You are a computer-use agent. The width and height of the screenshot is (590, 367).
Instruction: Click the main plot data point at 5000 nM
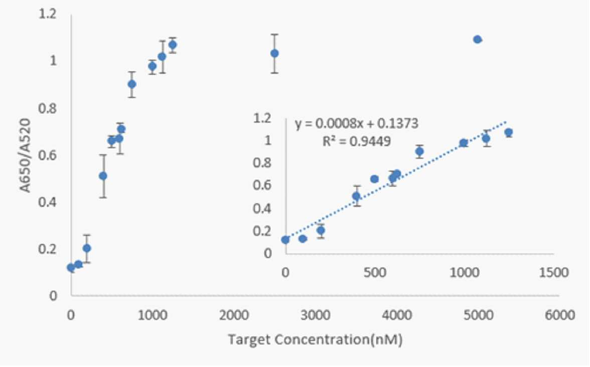(x=478, y=39)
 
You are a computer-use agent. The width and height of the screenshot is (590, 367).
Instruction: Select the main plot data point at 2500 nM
(x=275, y=53)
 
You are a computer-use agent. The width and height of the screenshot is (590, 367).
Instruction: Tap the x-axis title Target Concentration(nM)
(x=315, y=340)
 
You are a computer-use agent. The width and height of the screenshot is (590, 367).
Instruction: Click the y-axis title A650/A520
(x=25, y=155)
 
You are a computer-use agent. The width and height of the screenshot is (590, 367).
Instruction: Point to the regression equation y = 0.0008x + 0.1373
(x=356, y=124)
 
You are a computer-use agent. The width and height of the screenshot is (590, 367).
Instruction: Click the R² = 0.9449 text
(x=357, y=141)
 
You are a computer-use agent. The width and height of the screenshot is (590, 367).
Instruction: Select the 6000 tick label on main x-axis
(x=559, y=315)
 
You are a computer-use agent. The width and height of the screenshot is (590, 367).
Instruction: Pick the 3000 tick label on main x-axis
(x=315, y=315)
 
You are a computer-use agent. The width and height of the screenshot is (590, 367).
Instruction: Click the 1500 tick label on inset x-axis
(x=553, y=272)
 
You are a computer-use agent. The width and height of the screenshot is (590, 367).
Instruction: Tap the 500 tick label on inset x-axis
(x=374, y=272)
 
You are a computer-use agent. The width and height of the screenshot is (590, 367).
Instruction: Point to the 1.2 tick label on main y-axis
(x=47, y=14)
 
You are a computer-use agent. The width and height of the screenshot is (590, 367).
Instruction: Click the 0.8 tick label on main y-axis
(x=47, y=108)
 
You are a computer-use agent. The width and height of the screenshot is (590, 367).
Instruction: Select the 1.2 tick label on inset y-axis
(x=262, y=118)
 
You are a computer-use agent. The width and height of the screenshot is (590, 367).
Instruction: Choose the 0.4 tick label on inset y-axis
(x=262, y=208)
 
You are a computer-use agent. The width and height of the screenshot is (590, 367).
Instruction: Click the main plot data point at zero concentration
(x=71, y=268)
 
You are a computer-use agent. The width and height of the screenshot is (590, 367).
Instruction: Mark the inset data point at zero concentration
(x=285, y=240)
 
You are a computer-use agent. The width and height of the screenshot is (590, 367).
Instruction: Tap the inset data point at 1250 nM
(x=509, y=132)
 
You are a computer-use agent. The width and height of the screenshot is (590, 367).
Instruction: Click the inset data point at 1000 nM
(x=464, y=143)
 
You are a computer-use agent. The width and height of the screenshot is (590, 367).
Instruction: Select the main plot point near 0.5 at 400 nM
(x=103, y=176)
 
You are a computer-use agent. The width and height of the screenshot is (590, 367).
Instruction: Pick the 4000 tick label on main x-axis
(x=396, y=315)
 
